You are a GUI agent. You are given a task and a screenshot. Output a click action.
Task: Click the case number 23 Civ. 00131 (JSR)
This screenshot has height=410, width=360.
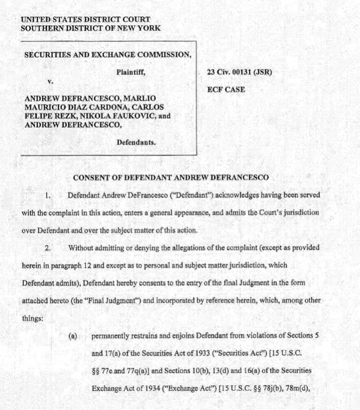(x=239, y=72)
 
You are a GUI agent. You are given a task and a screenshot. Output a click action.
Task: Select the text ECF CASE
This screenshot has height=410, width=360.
(x=226, y=89)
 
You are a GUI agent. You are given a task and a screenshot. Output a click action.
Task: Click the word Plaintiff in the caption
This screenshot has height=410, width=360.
(x=134, y=71)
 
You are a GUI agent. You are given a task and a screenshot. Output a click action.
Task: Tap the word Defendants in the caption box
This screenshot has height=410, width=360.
(x=136, y=142)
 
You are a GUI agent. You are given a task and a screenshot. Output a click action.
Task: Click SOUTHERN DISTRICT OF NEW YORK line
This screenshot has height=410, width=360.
(x=91, y=28)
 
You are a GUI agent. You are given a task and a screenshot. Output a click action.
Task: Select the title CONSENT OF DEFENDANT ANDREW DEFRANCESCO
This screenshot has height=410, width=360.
(x=171, y=178)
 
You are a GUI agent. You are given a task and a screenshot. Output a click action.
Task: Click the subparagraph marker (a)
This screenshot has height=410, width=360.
(x=73, y=336)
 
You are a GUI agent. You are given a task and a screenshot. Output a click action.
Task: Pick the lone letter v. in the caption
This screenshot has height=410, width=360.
(x=50, y=82)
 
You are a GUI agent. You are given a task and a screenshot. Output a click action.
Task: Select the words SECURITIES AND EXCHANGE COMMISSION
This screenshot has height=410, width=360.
(x=107, y=55)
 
